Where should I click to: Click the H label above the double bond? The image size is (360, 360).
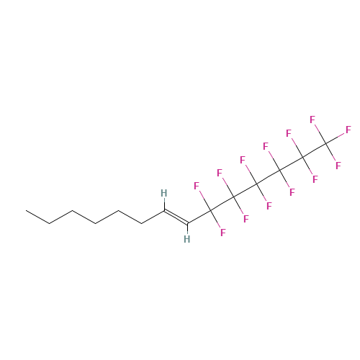[164, 193]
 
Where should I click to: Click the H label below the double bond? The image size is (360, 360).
[187, 239]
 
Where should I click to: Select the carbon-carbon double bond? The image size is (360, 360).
[176, 217]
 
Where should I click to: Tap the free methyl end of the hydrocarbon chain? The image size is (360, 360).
[27, 210]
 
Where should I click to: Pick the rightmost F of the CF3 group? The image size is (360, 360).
[348, 130]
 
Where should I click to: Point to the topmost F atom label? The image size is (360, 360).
[312, 120]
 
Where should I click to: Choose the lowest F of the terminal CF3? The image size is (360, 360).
[338, 166]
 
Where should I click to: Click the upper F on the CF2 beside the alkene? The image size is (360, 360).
[197, 186]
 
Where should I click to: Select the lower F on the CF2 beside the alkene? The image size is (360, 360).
[223, 233]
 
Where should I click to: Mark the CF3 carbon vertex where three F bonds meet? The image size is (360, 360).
[325, 143]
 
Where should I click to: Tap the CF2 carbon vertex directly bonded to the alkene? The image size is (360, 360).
[210, 210]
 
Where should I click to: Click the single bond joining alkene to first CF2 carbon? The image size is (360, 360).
[199, 217]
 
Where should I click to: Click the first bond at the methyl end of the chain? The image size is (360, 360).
[38, 217]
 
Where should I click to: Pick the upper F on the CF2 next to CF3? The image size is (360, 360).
[289, 133]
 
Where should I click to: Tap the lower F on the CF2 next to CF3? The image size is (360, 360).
[315, 179]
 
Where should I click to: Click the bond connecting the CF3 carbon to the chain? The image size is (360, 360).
[314, 150]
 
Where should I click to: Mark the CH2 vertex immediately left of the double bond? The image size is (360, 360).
[142, 224]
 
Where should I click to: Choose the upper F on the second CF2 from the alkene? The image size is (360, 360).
[220, 173]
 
